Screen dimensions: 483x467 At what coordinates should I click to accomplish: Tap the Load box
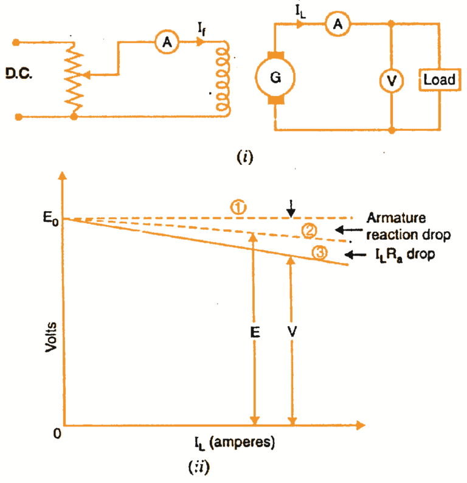point(439,80)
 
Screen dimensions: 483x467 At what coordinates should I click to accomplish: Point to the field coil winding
point(224,78)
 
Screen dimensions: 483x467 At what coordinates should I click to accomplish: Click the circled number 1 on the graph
point(238,207)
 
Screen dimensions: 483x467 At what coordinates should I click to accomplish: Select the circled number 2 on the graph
point(308,229)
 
